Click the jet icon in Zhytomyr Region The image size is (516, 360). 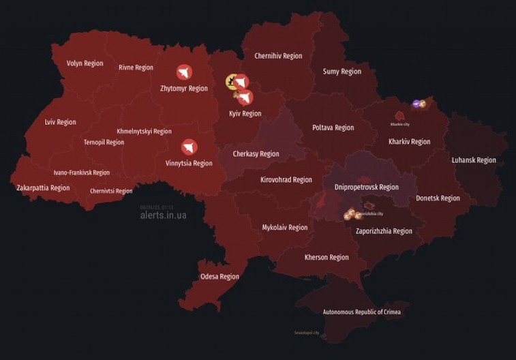pyautogui.click(x=184, y=72)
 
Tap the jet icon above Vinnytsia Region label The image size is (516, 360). pyautogui.click(x=189, y=147)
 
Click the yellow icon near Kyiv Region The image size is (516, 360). pyautogui.click(x=232, y=82)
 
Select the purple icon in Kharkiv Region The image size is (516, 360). pyautogui.click(x=416, y=104)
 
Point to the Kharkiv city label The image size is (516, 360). pyautogui.click(x=400, y=124)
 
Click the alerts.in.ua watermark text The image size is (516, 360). pyautogui.click(x=163, y=215)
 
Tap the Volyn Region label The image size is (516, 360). pyautogui.click(x=85, y=63)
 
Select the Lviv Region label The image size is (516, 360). pyautogui.click(x=60, y=122)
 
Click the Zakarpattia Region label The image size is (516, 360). pyautogui.click(x=43, y=187)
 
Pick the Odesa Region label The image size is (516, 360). pyautogui.click(x=219, y=276)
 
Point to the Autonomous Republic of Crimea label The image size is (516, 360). pyautogui.click(x=362, y=312)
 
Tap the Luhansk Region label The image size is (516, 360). pyautogui.click(x=474, y=160)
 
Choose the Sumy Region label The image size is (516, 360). pyautogui.click(x=342, y=72)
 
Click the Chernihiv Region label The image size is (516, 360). pyautogui.click(x=278, y=56)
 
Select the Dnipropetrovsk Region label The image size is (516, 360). pyautogui.click(x=367, y=187)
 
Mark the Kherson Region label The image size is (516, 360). pyautogui.click(x=327, y=257)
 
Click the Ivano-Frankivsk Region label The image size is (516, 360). pyautogui.click(x=82, y=172)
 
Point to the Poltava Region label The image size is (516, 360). pyautogui.click(x=333, y=127)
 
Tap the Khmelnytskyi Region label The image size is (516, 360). pyautogui.click(x=144, y=131)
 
